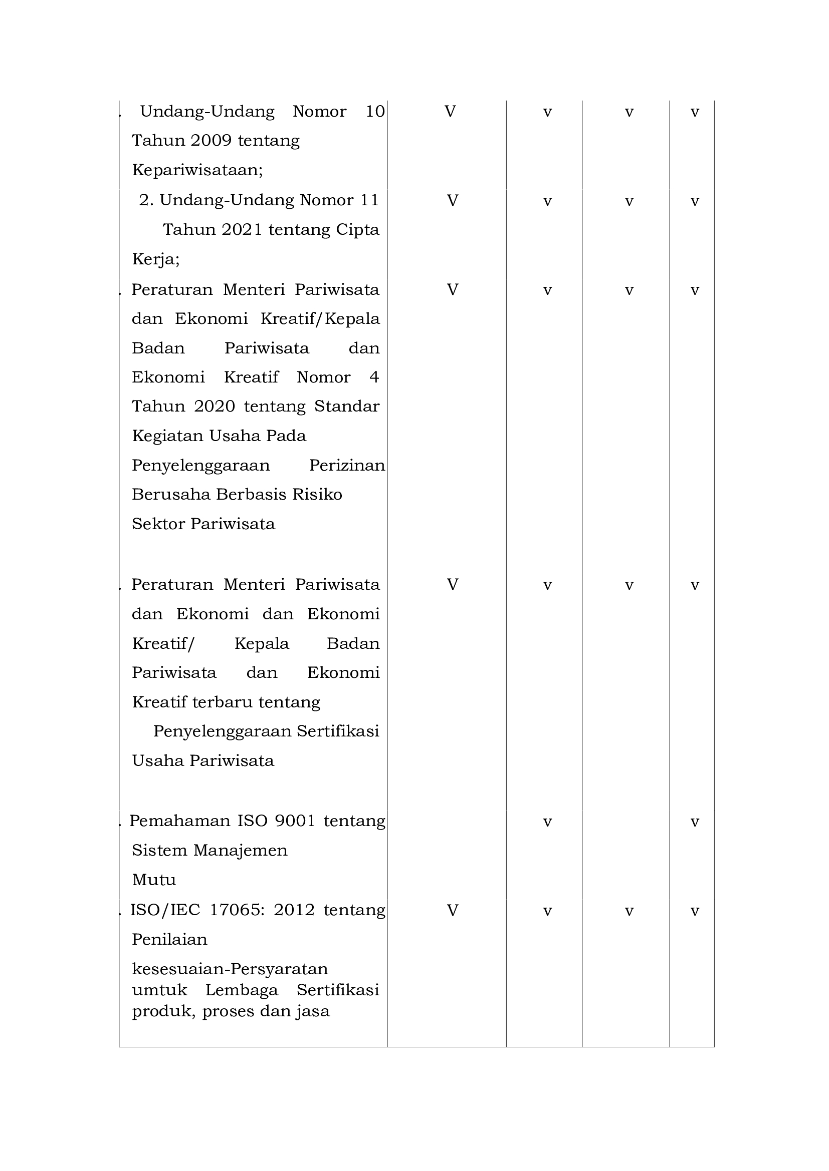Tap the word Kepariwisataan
pyautogui.click(x=197, y=170)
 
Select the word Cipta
pyautogui.click(x=357, y=229)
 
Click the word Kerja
pyautogui.click(x=155, y=260)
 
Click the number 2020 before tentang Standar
pyautogui.click(x=215, y=407)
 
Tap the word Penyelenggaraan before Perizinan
pyautogui.click(x=200, y=466)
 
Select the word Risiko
pyautogui.click(x=317, y=495)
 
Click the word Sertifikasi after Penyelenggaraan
pyautogui.click(x=338, y=731)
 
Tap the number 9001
pyautogui.click(x=295, y=821)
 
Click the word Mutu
pyautogui.click(x=154, y=880)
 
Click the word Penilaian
pyautogui.click(x=169, y=939)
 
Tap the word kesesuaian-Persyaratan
pyautogui.click(x=230, y=969)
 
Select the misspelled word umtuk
pyautogui.click(x=159, y=990)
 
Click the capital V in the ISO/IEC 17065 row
pyautogui.click(x=452, y=910)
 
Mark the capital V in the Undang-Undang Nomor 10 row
pyautogui.click(x=450, y=111)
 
